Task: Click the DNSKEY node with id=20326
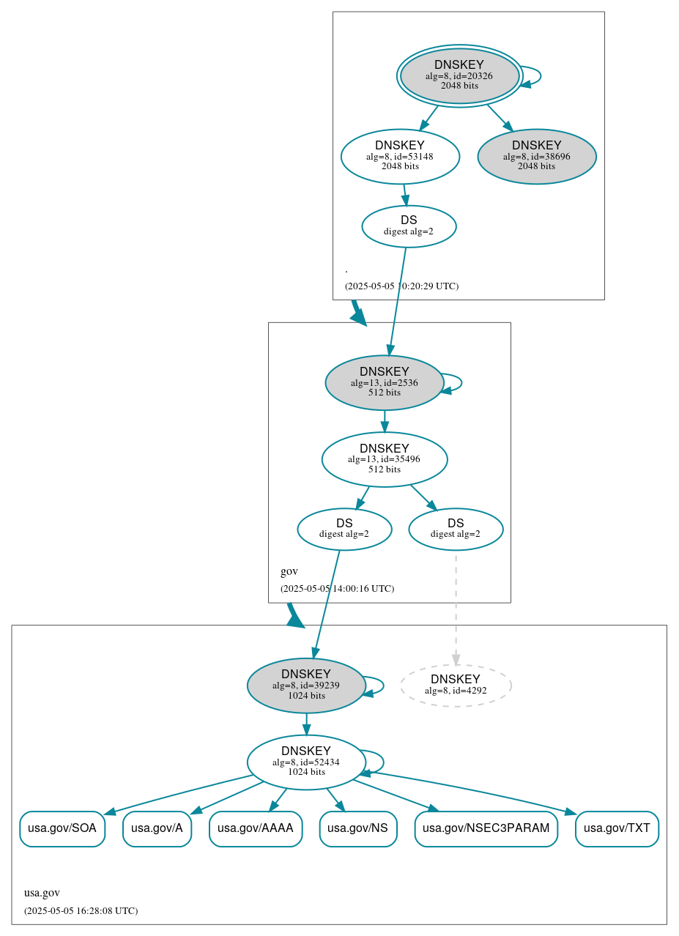pyautogui.click(x=459, y=75)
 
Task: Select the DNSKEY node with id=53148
pyautogui.click(x=400, y=156)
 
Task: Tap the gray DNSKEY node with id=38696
pyautogui.click(x=536, y=156)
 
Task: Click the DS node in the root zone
pyautogui.click(x=409, y=226)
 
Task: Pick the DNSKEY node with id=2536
pyautogui.click(x=384, y=382)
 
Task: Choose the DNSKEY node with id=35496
pyautogui.click(x=384, y=459)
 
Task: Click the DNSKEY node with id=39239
pyautogui.click(x=306, y=685)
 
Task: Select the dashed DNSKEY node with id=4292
pyautogui.click(x=456, y=685)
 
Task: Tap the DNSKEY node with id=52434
pyautogui.click(x=306, y=762)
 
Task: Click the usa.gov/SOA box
pyautogui.click(x=62, y=828)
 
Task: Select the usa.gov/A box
pyautogui.click(x=157, y=828)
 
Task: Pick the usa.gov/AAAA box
pyautogui.click(x=256, y=828)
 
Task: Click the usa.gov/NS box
pyautogui.click(x=357, y=828)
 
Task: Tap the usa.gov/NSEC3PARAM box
pyautogui.click(x=486, y=828)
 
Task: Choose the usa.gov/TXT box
pyautogui.click(x=617, y=828)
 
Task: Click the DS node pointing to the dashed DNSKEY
pyautogui.click(x=456, y=529)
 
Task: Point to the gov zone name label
pyautogui.click(x=289, y=571)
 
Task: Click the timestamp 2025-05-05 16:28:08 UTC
pyautogui.click(x=81, y=910)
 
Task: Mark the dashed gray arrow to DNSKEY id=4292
pyautogui.click(x=456, y=608)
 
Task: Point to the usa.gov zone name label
pyautogui.click(x=42, y=893)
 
